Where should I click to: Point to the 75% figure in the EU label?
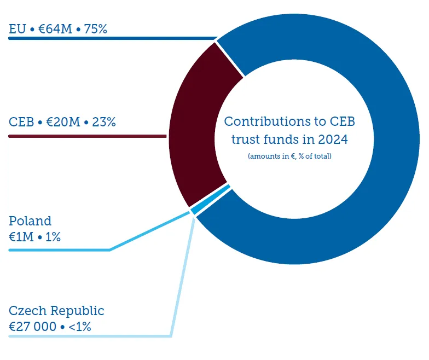coord(96,29)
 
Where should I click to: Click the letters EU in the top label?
coord(17,29)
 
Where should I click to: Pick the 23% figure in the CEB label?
coord(104,122)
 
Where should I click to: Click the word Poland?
coord(30,221)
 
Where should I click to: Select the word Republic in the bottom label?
coord(77,311)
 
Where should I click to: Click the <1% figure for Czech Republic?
coord(79,327)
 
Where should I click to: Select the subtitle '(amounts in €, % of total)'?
coord(289,156)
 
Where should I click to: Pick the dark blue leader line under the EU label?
coord(109,39)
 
